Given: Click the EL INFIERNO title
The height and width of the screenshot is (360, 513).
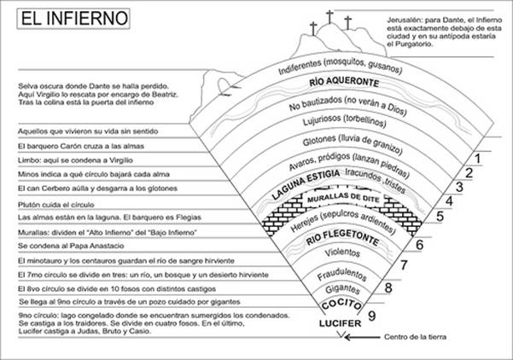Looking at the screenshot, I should pos(69,17).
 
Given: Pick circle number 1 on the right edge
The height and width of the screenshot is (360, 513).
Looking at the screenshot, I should pos(480,159).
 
